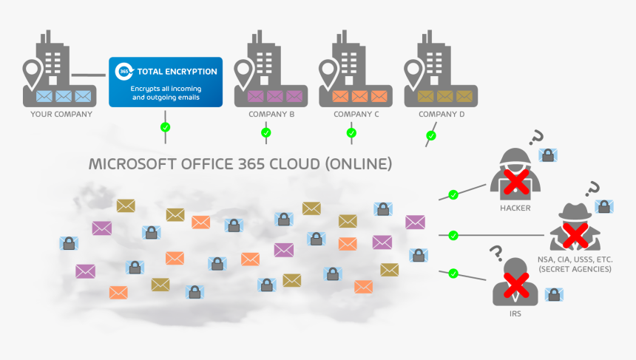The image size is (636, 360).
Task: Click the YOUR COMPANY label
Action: tap(61, 114)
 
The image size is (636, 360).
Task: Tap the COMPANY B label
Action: tap(272, 114)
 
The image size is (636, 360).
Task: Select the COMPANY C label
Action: tap(356, 114)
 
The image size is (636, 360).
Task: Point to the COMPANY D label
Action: tap(442, 114)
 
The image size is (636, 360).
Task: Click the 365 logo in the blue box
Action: tap(124, 72)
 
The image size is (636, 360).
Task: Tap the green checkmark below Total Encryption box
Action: tap(165, 127)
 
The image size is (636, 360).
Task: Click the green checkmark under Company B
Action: tap(266, 133)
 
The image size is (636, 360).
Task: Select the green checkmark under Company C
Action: tap(351, 133)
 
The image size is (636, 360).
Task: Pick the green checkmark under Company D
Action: tap(431, 135)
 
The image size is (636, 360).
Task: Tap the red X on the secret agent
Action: tap(574, 235)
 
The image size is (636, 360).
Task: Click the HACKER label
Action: tap(515, 208)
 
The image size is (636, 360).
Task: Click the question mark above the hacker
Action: tap(538, 138)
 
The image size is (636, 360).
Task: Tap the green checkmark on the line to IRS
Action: tap(453, 274)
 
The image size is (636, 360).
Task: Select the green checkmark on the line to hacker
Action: tap(453, 194)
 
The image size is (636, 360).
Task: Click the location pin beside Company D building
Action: tap(413, 71)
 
